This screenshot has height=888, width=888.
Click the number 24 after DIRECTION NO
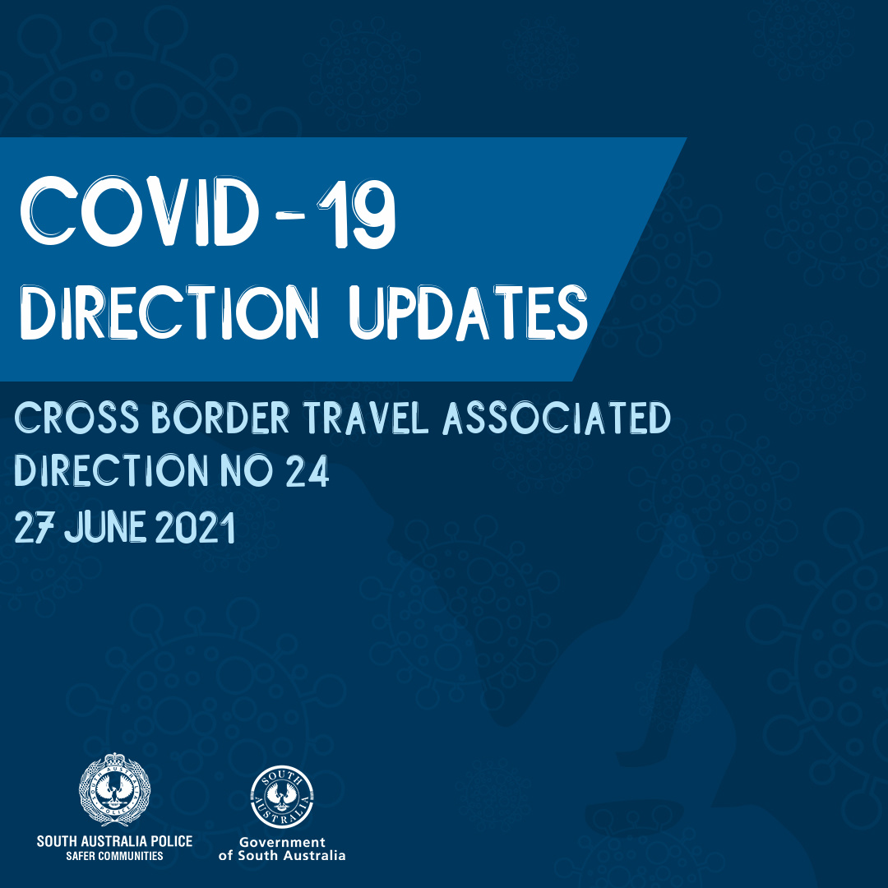pyautogui.click(x=308, y=472)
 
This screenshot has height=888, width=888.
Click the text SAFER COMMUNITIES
pyautogui.click(x=114, y=856)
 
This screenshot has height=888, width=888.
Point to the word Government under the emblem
pyautogui.click(x=282, y=842)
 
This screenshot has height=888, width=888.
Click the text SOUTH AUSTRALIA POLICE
pyautogui.click(x=114, y=841)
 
